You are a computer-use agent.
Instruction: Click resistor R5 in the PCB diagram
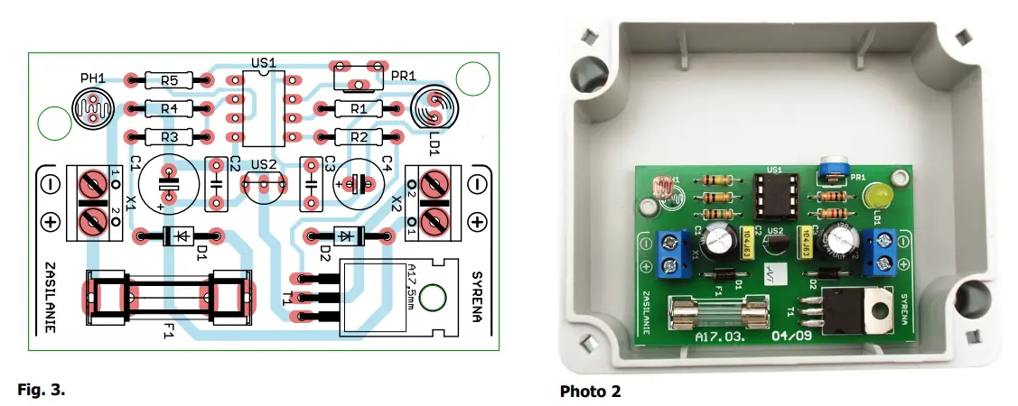click(169, 80)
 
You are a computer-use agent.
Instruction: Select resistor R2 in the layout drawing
click(359, 137)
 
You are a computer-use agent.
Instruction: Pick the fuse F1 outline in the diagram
click(170, 298)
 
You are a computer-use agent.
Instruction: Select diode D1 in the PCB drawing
click(180, 237)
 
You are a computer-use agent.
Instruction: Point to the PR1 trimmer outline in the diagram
click(360, 78)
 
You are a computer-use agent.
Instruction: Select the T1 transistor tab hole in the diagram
click(435, 299)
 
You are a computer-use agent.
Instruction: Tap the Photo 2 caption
click(591, 391)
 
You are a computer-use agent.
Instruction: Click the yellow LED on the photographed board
click(875, 197)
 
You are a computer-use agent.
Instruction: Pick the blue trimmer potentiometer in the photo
click(828, 169)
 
